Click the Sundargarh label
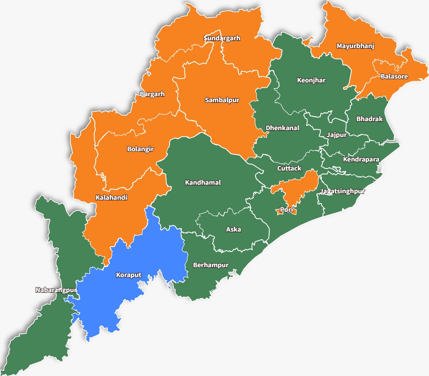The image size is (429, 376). point(222,38)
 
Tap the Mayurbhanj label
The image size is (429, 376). point(355,46)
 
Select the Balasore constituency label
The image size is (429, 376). point(394,76)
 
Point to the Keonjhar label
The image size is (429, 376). point(311,80)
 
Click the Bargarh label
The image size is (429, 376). point(152,94)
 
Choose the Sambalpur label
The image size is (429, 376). point(222,100)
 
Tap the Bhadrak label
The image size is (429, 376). point(369,119)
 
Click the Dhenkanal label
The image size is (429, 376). point(282,128)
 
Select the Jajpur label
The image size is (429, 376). point(336,135)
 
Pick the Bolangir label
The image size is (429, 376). point(140,149)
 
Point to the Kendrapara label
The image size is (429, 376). point(361,159)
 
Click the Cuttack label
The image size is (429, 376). point(289,168)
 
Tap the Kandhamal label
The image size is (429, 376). point(203,183)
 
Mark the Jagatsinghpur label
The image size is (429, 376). point(342,191)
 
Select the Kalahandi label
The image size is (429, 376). point(111,198)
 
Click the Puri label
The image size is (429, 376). point(286,210)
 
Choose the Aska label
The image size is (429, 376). point(233,229)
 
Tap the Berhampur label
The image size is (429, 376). point(210,265)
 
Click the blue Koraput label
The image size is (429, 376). point(128,275)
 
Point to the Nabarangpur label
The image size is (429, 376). point(56,290)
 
